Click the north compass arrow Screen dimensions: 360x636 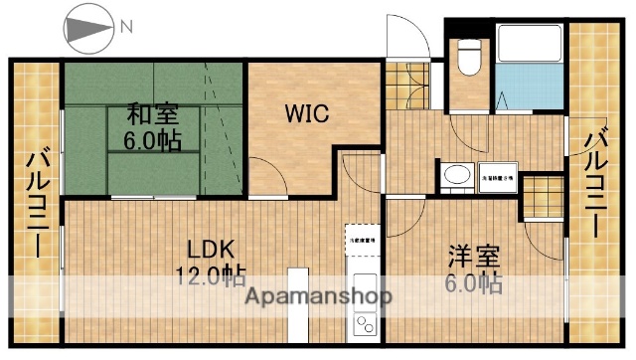point(86,27)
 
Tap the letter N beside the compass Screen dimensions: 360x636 point(125,27)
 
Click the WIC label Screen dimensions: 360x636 point(309,113)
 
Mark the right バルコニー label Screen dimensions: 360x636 point(596,185)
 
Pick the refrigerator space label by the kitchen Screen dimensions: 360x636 point(360,239)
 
